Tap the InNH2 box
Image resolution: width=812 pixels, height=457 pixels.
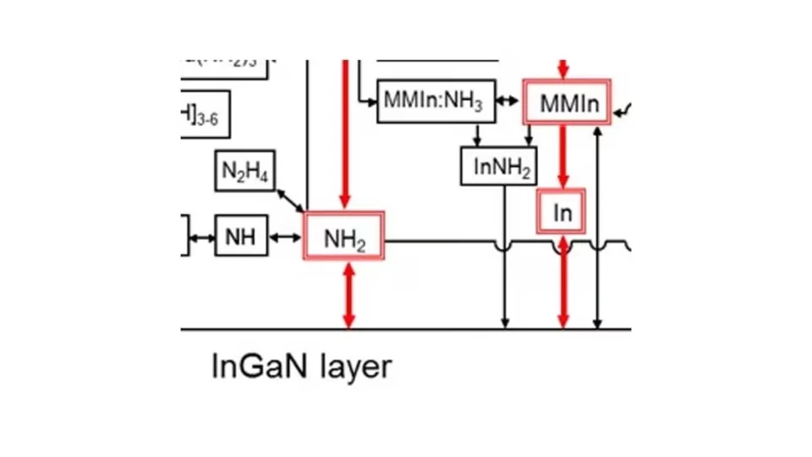click(x=499, y=167)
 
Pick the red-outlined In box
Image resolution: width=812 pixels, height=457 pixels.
click(x=562, y=212)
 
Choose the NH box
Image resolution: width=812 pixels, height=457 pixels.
click(x=241, y=236)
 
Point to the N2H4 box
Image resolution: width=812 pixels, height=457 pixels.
click(x=244, y=172)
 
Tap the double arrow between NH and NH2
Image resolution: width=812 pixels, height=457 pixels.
click(x=285, y=237)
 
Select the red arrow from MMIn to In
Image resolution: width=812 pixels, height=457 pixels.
click(x=563, y=157)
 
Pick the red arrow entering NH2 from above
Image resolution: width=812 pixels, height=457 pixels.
click(x=345, y=135)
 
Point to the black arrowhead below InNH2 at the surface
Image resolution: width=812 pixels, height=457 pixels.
click(x=505, y=322)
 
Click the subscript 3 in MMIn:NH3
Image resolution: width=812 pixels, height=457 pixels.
click(x=478, y=108)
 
